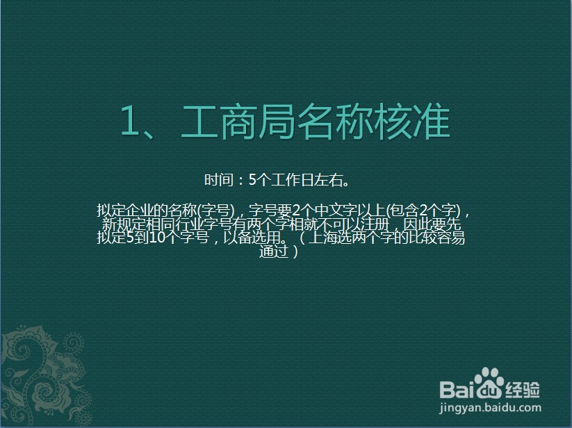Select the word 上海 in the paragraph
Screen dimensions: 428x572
click(319, 238)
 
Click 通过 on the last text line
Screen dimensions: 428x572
click(274, 252)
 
